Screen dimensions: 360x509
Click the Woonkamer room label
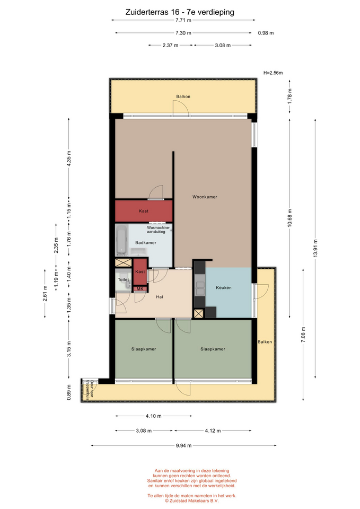click(205, 197)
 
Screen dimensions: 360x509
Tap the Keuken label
click(224, 287)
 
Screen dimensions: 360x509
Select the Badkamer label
click(146, 242)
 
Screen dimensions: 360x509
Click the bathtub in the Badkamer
click(122, 241)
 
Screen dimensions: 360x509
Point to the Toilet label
click(124, 279)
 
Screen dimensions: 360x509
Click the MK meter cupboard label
click(140, 288)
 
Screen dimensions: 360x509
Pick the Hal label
click(160, 297)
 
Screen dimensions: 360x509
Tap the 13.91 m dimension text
click(315, 248)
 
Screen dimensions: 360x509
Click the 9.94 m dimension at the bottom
click(184, 445)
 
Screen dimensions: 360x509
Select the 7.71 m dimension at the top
click(183, 20)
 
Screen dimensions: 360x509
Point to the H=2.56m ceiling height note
click(273, 73)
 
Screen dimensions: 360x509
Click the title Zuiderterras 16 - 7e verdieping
click(180, 12)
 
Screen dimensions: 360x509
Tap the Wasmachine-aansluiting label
click(158, 230)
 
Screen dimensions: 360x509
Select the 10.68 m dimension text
click(290, 217)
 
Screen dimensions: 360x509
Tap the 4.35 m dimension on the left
click(68, 159)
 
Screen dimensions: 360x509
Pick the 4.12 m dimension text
click(213, 431)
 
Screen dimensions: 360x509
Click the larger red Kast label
click(144, 211)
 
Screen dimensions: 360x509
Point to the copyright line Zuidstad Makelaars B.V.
click(191, 501)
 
